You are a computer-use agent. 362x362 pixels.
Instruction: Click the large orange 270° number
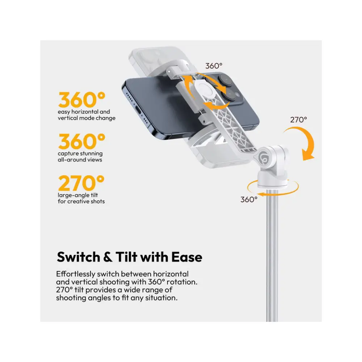pyautogui.click(x=81, y=183)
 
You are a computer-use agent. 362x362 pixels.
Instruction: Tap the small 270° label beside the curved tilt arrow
pyautogui.click(x=299, y=120)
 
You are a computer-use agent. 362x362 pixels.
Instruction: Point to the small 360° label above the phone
pyautogui.click(x=214, y=66)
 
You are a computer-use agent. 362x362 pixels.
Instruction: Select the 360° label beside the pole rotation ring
pyautogui.click(x=249, y=199)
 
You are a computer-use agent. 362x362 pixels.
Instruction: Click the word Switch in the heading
pyautogui.click(x=78, y=257)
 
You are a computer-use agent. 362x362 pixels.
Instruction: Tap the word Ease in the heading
pyautogui.click(x=187, y=257)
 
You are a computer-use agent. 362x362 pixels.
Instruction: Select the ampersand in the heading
pyautogui.click(x=108, y=257)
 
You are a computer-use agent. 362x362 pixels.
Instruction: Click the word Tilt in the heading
pyautogui.click(x=126, y=257)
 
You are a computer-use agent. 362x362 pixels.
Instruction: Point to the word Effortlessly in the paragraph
pyautogui.click(x=76, y=274)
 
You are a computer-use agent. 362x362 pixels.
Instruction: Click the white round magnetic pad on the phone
pyautogui.click(x=202, y=90)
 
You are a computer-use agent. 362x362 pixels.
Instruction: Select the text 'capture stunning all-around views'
pyautogui.click(x=80, y=156)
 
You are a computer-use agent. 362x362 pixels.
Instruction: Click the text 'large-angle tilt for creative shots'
pyautogui.click(x=81, y=198)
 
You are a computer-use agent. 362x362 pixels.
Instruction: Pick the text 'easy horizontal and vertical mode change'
pyautogui.click(x=87, y=115)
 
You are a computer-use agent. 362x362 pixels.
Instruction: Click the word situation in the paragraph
pyautogui.click(x=161, y=298)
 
